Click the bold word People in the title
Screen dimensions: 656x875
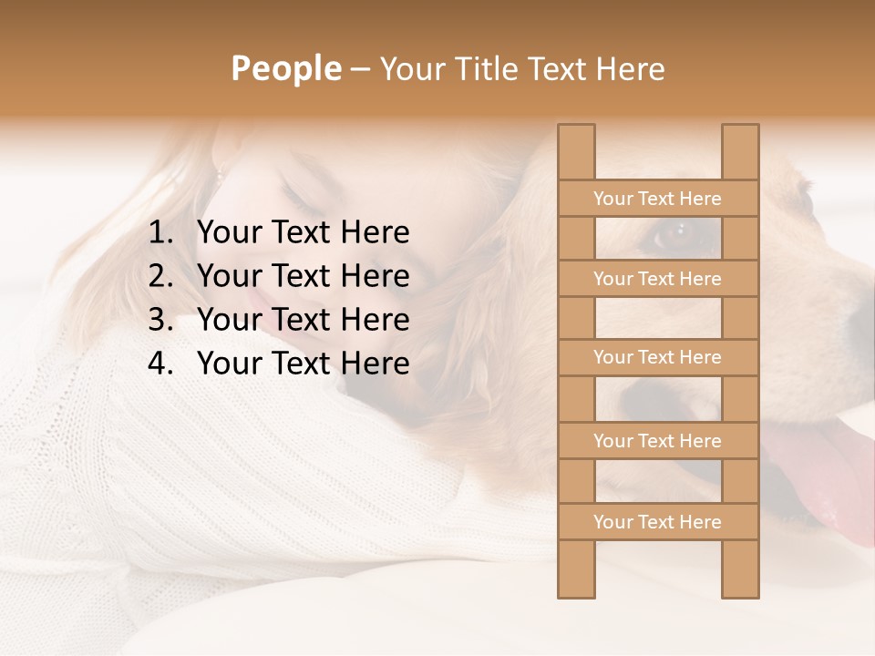pos(285,69)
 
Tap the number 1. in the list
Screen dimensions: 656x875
pos(161,233)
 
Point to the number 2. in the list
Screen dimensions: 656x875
pos(161,276)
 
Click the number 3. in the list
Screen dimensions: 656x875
pos(161,320)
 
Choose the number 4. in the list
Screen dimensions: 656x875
pos(161,364)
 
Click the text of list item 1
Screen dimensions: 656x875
pos(303,233)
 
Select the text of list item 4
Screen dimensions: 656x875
pos(303,364)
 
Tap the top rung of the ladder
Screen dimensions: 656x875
pos(657,199)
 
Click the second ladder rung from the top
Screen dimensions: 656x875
pos(657,279)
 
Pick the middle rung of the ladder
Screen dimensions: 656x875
pos(657,358)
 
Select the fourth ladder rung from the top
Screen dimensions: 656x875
pos(657,441)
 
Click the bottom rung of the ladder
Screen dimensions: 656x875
pos(657,522)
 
